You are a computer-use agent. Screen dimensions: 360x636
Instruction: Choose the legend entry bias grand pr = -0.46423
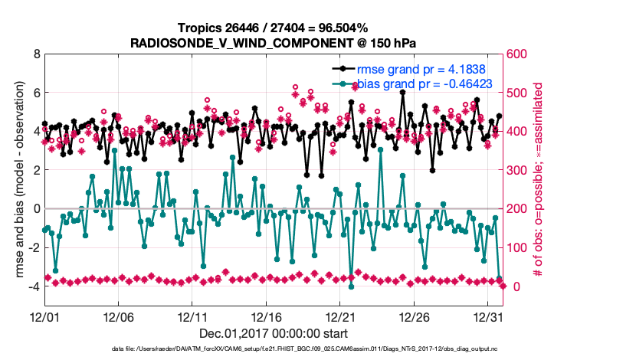[x=431, y=83]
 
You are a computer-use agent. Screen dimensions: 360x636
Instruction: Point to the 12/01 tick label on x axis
[x=44, y=316]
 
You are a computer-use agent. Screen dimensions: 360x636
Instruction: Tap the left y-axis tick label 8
[x=36, y=54]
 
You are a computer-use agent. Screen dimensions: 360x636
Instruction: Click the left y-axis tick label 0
[x=36, y=208]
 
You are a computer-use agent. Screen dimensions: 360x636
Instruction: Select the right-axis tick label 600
[x=520, y=54]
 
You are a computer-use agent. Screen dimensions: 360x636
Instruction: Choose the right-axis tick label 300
[x=520, y=170]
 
